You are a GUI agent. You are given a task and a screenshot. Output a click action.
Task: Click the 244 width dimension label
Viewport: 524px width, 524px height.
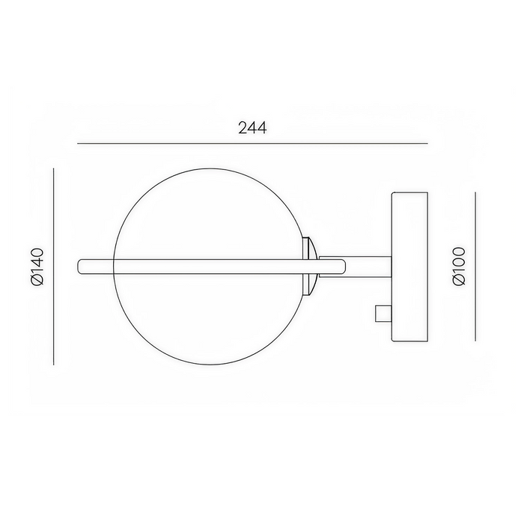tap(253, 127)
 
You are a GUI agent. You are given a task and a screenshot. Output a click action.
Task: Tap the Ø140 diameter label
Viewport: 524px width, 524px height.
tap(37, 266)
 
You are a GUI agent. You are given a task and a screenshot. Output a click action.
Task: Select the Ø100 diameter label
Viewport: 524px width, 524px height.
tap(460, 266)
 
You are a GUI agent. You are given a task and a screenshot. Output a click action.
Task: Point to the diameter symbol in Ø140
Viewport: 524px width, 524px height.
tap(37, 281)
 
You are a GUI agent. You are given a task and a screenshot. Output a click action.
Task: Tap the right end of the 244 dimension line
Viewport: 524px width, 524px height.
tap(427, 143)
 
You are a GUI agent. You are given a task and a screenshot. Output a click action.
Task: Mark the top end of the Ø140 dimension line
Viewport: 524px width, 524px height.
tap(55, 169)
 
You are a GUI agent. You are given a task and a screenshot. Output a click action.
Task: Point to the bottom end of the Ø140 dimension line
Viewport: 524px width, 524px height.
tap(55, 365)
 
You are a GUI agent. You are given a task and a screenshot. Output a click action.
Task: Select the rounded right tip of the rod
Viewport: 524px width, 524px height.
tap(343, 266)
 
